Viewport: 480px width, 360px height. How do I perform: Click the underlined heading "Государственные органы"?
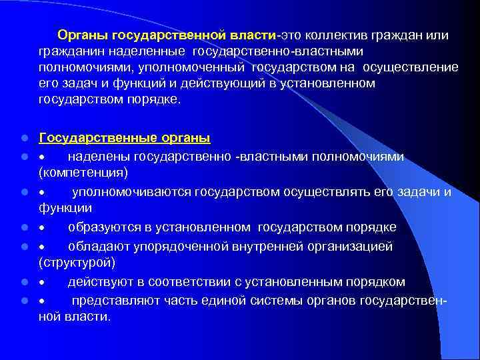pyautogui.click(x=125, y=138)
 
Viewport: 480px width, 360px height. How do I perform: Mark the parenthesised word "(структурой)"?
pyautogui.click(x=77, y=263)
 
